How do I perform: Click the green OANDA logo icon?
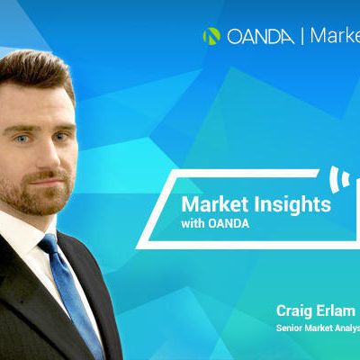point(211,36)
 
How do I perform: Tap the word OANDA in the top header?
point(260,37)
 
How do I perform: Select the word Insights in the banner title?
point(292,205)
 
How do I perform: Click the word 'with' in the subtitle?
point(193,223)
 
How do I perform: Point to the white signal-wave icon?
point(339,179)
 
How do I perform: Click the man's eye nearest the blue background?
point(61,137)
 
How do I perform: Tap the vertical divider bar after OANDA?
point(302,37)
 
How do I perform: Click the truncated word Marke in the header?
point(335,36)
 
